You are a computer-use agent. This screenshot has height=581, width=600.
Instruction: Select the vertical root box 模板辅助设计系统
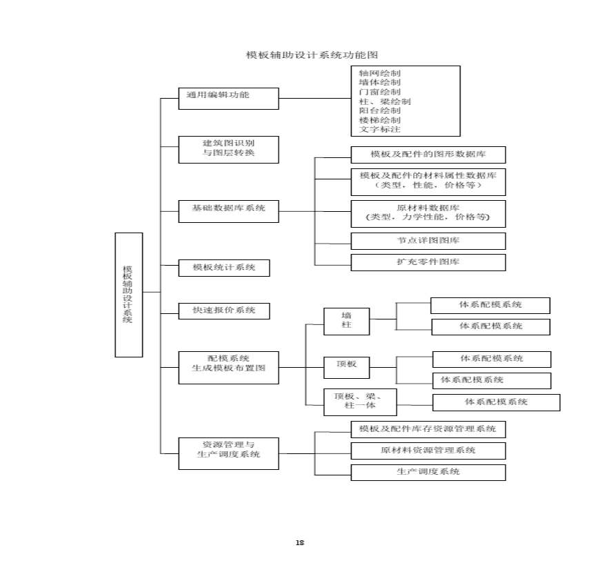pyautogui.click(x=128, y=295)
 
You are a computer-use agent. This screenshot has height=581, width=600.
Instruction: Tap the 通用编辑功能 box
pyautogui.click(x=228, y=97)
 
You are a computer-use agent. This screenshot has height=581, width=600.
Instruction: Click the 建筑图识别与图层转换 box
pyautogui.click(x=228, y=149)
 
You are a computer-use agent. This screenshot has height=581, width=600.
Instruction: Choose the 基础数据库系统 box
pyautogui.click(x=228, y=211)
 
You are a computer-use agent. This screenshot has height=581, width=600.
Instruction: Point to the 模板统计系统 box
pyautogui.click(x=223, y=268)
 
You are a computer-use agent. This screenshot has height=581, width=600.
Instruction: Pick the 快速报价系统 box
pyautogui.click(x=223, y=311)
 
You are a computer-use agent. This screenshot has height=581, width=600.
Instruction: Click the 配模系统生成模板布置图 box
pyautogui.click(x=228, y=367)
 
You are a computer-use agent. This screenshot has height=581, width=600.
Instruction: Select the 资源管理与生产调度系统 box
pyautogui.click(x=228, y=453)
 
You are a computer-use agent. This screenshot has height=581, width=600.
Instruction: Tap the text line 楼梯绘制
pyautogui.click(x=379, y=120)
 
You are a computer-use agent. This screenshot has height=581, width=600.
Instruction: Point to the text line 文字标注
pyautogui.click(x=379, y=129)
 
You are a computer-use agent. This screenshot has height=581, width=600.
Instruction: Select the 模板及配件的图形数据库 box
pyautogui.click(x=428, y=155)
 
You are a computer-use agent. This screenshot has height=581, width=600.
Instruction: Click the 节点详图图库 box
pyautogui.click(x=428, y=241)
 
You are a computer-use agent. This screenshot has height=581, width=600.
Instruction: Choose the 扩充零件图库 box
pyautogui.click(x=428, y=262)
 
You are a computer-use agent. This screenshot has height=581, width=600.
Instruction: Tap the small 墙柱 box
pyautogui.click(x=346, y=321)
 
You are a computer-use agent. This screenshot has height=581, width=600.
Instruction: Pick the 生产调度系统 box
pyautogui.click(x=428, y=473)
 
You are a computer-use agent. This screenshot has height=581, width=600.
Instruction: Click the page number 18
pyautogui.click(x=300, y=542)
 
